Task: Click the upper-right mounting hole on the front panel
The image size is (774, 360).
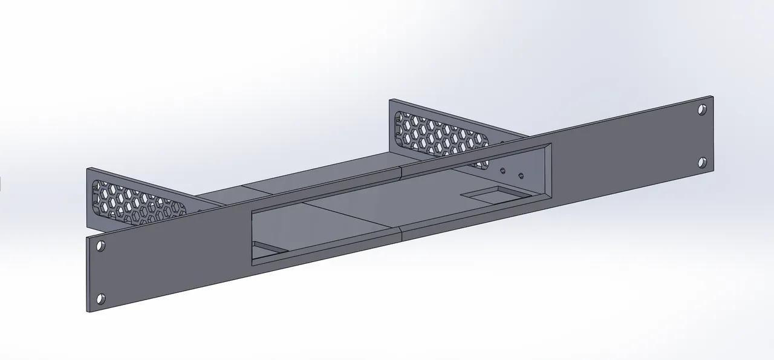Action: (x=701, y=110)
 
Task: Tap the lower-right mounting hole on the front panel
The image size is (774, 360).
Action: (x=702, y=162)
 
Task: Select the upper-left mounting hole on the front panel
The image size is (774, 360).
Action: (x=100, y=246)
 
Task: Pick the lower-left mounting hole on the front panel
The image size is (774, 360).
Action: (x=101, y=298)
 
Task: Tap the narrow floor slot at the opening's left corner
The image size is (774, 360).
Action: (x=266, y=248)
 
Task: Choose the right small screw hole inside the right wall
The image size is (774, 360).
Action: (x=522, y=176)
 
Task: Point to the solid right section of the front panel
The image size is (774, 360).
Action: (x=629, y=157)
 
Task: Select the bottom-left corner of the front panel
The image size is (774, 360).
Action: (x=89, y=312)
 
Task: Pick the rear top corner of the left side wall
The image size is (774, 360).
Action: (x=88, y=168)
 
